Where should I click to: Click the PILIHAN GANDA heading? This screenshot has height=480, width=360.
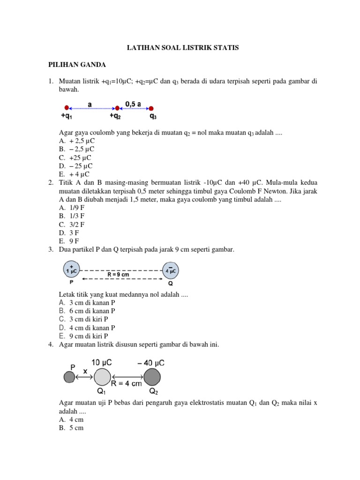[x=77, y=65]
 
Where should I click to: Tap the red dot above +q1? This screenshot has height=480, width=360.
[x=67, y=107]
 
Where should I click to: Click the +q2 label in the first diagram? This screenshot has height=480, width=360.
[x=117, y=115]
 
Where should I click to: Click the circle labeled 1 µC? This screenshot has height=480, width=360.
[x=72, y=270]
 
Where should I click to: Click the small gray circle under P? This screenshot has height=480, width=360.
[x=69, y=376]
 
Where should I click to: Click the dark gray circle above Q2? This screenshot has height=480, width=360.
[x=152, y=376]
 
